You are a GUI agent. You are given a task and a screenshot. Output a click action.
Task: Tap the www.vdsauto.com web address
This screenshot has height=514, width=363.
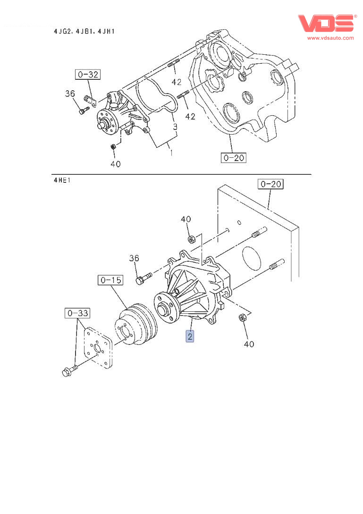[330, 38]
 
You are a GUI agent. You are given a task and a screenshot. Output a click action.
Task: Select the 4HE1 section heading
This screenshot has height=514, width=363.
[62, 180]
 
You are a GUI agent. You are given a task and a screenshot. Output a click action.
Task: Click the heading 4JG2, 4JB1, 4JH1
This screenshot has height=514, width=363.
[84, 31]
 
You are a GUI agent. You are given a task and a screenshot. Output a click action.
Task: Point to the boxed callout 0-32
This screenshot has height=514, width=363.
[87, 74]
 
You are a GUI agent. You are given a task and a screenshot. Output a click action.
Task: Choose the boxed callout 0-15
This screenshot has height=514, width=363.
[110, 280]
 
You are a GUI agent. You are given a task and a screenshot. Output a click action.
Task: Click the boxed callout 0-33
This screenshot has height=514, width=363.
[77, 312]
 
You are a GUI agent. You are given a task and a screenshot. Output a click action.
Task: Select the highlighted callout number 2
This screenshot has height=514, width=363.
[190, 336]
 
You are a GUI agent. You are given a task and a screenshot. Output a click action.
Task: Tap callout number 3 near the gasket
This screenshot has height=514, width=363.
[175, 127]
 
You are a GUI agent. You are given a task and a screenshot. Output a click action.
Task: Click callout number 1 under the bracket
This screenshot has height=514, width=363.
[171, 153]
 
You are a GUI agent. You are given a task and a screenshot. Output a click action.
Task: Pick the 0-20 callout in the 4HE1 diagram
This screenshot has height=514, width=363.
[270, 184]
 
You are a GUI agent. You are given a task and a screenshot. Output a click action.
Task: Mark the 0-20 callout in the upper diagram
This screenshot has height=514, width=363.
[233, 158]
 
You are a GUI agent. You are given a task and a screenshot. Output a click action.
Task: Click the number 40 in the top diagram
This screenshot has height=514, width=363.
[115, 164]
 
